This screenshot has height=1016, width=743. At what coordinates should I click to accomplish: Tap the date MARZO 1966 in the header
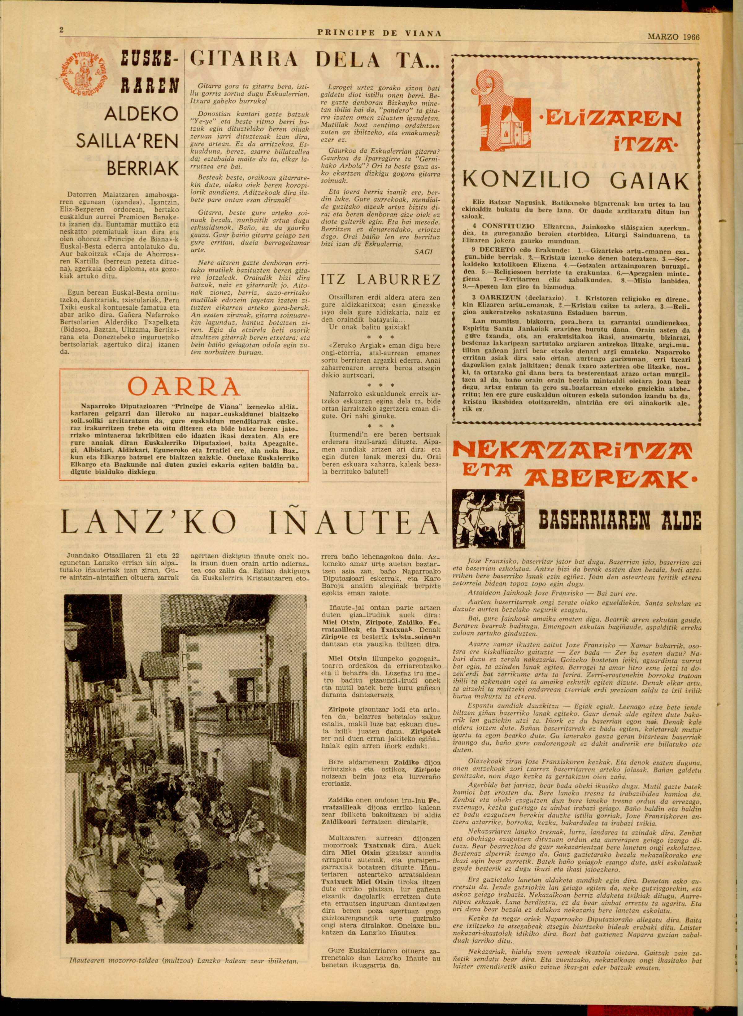coord(673,37)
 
